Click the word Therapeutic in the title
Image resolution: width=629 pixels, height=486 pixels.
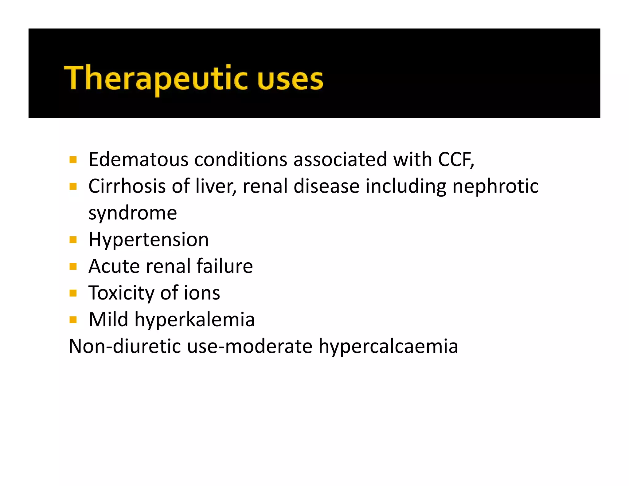click(x=155, y=79)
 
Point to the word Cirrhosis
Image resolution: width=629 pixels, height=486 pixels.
click(x=127, y=186)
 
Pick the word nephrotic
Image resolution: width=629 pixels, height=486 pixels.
click(x=495, y=186)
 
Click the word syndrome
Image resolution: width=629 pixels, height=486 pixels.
click(x=133, y=213)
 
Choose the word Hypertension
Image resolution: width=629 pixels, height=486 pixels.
click(x=149, y=240)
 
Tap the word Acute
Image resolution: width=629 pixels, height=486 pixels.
click(x=114, y=266)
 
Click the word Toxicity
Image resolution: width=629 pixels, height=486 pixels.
click(x=121, y=293)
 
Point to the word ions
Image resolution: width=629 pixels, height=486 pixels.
click(x=202, y=293)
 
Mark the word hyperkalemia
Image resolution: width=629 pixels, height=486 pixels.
click(x=195, y=319)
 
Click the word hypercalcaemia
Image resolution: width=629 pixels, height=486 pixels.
click(x=388, y=346)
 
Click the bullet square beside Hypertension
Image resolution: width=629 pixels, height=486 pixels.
click(x=73, y=240)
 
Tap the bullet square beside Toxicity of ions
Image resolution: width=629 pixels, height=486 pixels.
click(x=73, y=293)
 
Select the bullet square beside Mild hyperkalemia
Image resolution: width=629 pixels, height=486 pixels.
click(x=73, y=320)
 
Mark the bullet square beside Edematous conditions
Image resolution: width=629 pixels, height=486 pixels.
click(x=73, y=160)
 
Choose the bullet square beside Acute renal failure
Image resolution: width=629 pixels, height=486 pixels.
click(x=73, y=266)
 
